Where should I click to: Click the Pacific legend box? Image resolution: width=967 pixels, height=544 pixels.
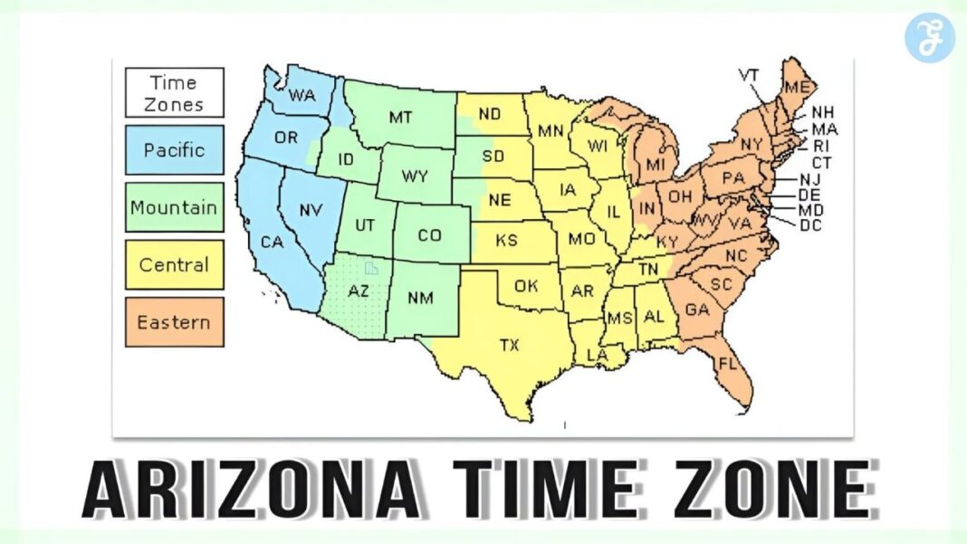[x=174, y=150]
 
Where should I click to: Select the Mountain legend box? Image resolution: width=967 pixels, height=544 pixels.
[x=174, y=207]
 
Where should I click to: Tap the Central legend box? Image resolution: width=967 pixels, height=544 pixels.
[x=174, y=265]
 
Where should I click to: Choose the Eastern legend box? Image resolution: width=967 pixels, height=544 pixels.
[x=174, y=322]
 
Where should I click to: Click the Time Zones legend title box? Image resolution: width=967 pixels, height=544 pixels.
[x=174, y=92]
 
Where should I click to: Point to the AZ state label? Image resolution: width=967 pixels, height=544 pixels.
[x=359, y=292]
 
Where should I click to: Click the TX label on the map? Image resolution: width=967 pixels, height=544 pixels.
[x=510, y=344]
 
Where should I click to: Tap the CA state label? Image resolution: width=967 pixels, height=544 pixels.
[x=272, y=242]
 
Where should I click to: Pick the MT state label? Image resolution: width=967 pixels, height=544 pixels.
[x=401, y=117]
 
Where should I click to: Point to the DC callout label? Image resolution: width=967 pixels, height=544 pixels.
[x=810, y=224]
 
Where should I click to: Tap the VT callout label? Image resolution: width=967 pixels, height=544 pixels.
[x=749, y=74]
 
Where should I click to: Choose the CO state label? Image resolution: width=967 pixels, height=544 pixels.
[x=429, y=235]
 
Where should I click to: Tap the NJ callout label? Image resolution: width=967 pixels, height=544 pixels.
[x=809, y=179]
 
